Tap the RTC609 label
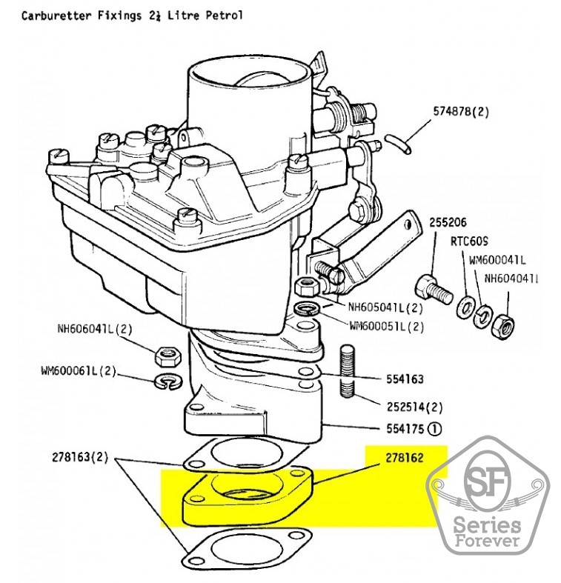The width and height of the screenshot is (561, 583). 468,241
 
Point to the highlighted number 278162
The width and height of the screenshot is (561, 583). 404,459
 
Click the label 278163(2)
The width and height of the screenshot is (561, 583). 80,457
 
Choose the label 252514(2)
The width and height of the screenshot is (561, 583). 414,407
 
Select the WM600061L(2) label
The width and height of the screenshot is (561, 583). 79,371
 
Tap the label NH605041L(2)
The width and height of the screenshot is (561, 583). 385,307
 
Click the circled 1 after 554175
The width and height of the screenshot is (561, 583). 434,427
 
